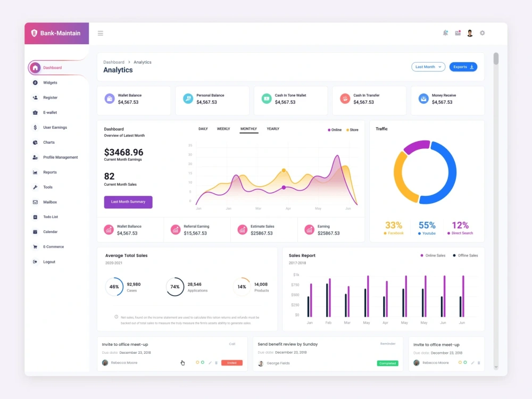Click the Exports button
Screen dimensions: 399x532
tap(463, 67)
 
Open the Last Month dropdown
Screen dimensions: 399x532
tap(428, 67)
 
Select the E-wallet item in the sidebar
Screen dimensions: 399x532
tap(50, 113)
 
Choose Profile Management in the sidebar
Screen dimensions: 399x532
tap(60, 157)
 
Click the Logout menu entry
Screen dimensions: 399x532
tap(49, 262)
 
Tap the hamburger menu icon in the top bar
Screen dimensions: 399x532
tap(101, 34)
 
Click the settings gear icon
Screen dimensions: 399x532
tap(483, 33)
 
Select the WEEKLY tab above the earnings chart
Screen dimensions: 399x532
tap(223, 129)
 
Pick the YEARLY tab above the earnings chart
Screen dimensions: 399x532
tap(273, 129)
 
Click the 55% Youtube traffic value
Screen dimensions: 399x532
tap(427, 226)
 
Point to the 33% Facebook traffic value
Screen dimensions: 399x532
tap(394, 226)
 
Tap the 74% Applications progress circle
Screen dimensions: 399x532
tap(175, 287)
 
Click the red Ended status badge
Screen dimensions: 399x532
tap(232, 363)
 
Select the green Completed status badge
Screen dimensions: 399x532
tap(387, 363)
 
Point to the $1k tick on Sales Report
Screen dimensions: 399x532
tap(296, 275)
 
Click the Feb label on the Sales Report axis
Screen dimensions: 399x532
tap(328, 323)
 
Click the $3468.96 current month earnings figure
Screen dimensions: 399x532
tap(123, 152)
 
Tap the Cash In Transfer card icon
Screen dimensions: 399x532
tap(345, 98)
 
